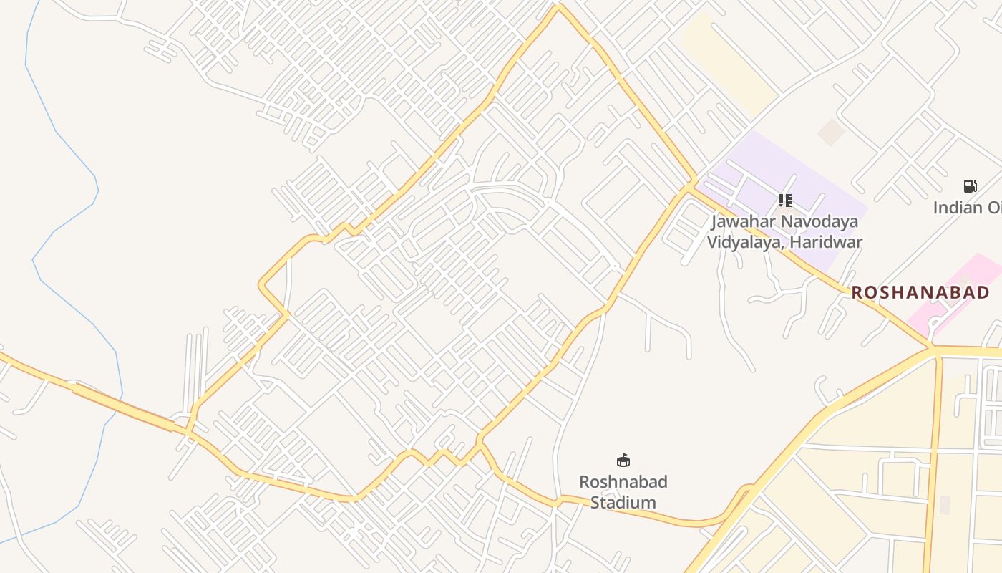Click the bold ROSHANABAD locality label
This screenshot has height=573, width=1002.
[x=920, y=292]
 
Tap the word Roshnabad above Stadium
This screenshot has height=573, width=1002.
[x=623, y=481]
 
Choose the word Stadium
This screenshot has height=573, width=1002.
[x=623, y=502]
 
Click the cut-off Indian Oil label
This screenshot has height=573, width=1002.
[x=967, y=208]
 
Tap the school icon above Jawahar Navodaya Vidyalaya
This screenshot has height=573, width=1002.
[x=785, y=201]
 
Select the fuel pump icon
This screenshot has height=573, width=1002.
[x=970, y=187]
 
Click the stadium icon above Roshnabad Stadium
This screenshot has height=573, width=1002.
[x=623, y=460]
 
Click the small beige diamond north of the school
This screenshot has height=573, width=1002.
[x=831, y=132]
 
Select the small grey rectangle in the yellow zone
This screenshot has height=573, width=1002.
[x=944, y=504]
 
